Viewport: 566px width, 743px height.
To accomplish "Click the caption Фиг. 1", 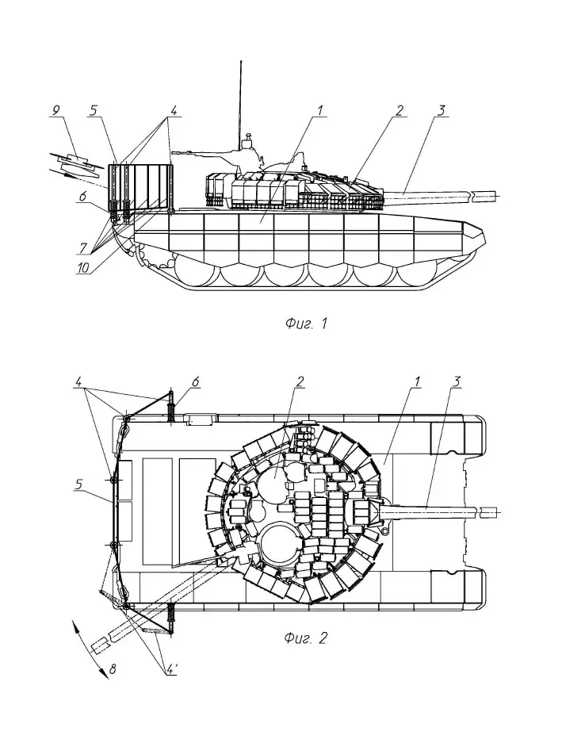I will click(305, 323).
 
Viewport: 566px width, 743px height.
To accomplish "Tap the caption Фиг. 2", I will click(305, 639).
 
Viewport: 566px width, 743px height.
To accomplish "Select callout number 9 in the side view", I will click(55, 111).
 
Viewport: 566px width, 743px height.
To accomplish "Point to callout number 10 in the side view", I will click(82, 269).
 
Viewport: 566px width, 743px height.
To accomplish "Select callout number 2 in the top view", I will click(300, 381).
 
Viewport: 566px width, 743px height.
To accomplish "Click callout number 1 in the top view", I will click(417, 381).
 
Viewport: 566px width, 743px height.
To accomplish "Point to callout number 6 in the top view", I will click(195, 381).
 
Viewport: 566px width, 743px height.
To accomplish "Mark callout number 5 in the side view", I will click(94, 111).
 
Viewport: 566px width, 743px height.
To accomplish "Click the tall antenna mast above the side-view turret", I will click(239, 95).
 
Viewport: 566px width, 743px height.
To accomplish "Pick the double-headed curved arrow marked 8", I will click(92, 649).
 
